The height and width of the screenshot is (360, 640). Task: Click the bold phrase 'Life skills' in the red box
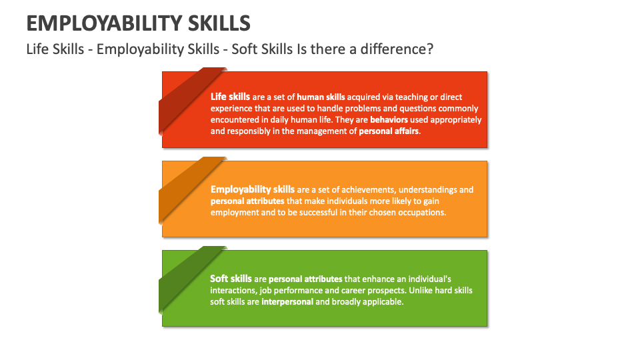coord(231,97)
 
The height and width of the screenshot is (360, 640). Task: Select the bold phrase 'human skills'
coord(321,97)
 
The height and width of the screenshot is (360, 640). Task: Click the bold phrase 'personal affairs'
coord(389,131)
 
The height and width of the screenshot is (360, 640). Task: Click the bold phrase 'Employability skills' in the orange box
coord(252,189)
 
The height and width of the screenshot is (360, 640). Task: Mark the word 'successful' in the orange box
coord(309,212)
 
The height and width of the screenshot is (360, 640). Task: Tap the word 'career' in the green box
coord(359,290)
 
